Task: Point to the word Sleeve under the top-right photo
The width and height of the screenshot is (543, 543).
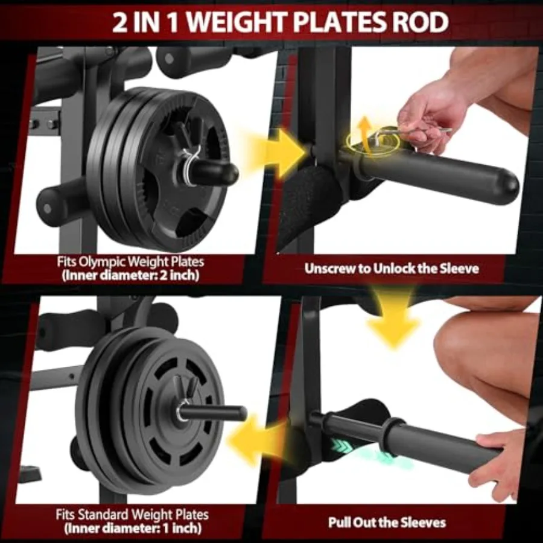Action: pos(460,268)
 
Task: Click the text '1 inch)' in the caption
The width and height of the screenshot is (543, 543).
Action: pos(184,529)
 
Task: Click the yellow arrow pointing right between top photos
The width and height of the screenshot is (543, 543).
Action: pos(277,153)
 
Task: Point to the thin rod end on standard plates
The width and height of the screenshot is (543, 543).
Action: pos(242,413)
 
